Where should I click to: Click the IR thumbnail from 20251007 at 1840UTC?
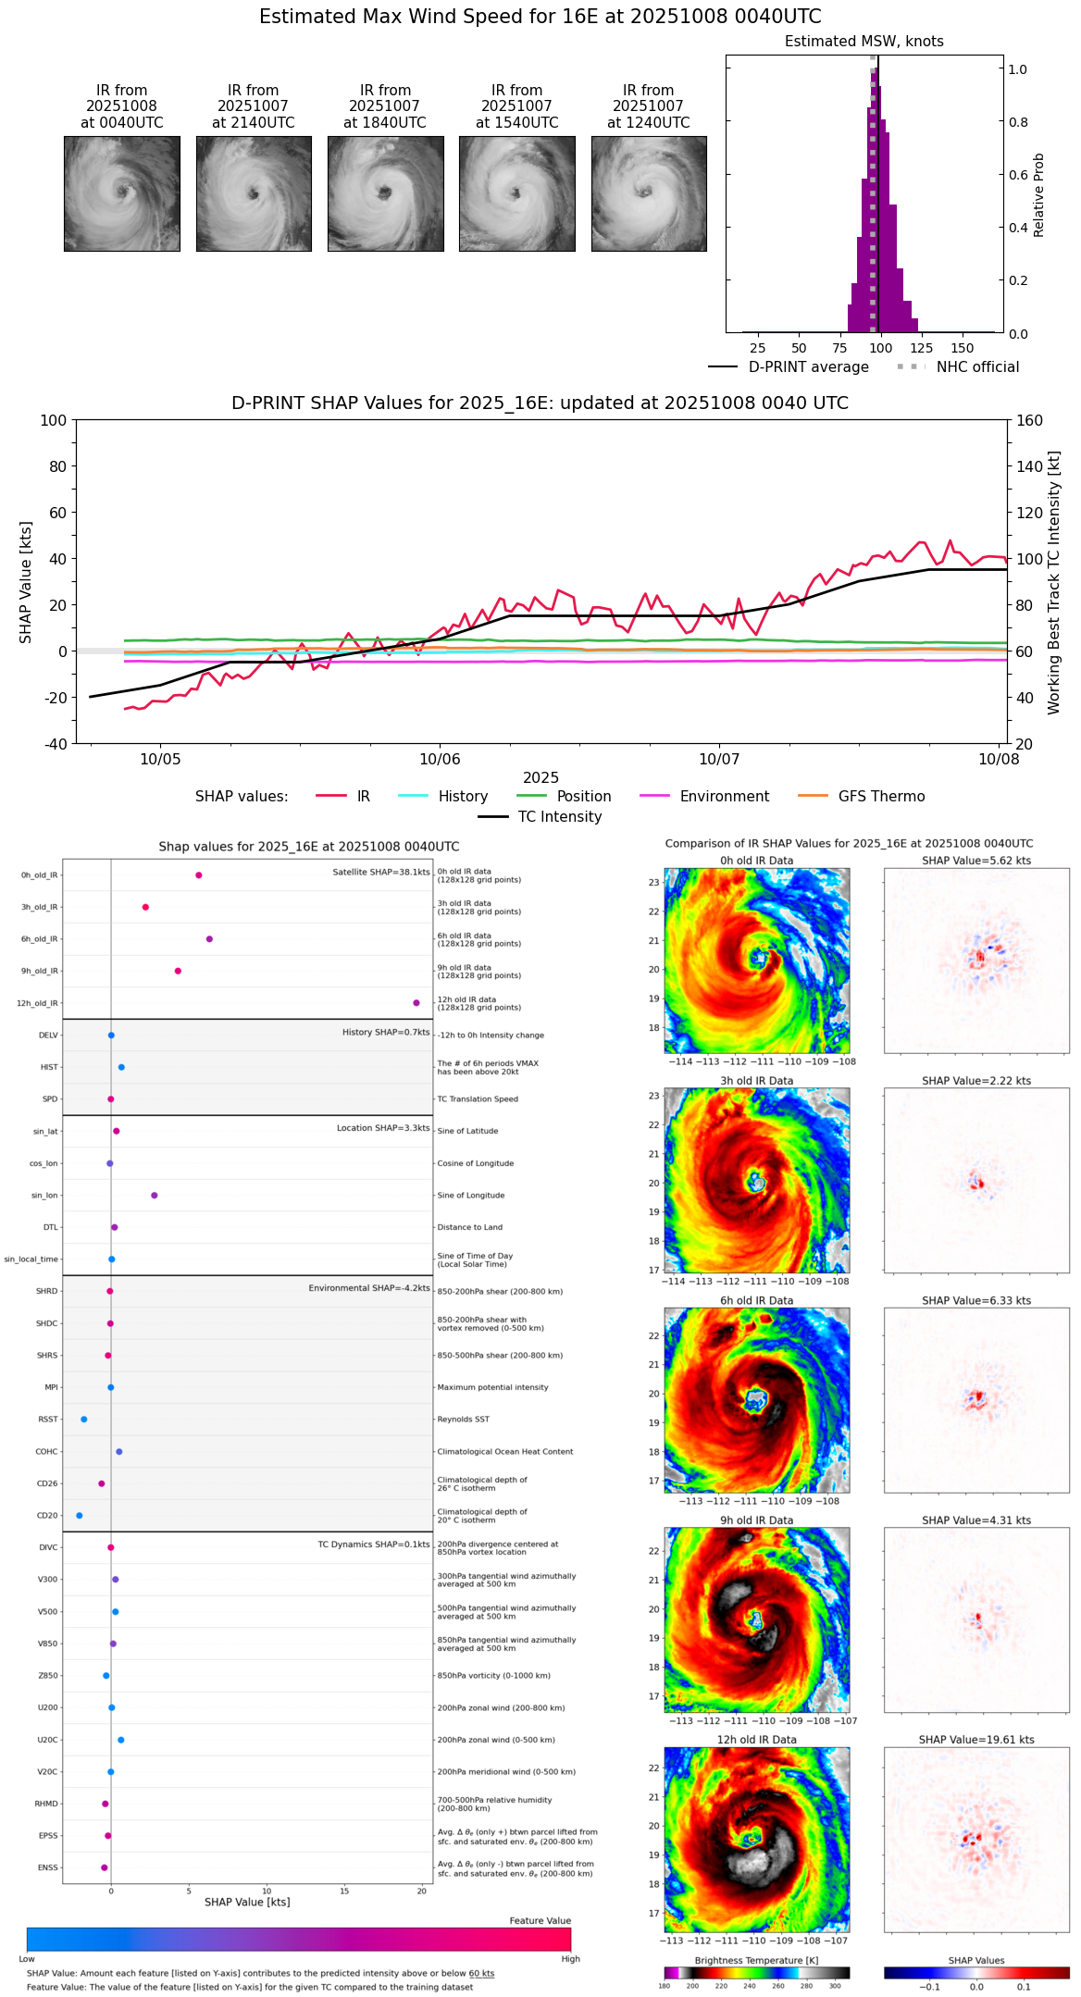(385, 193)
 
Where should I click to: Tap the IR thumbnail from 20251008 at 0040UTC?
(121, 193)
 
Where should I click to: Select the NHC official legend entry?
(976, 367)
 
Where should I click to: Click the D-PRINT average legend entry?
(808, 367)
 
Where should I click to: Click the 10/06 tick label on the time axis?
(440, 759)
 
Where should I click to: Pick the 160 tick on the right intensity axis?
(1029, 421)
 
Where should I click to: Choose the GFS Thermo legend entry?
(881, 797)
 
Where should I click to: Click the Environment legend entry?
(724, 797)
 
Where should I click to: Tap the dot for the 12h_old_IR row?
(416, 1003)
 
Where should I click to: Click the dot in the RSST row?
(84, 1420)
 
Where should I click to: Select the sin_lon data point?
(155, 1196)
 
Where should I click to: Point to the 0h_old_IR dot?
(199, 875)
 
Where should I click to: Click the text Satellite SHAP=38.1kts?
(381, 873)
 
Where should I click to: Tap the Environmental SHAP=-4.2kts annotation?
(369, 1288)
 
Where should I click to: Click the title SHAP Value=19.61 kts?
(976, 1740)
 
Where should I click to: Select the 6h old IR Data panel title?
(756, 1300)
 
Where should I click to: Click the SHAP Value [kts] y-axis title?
(26, 582)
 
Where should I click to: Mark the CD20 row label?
(47, 1516)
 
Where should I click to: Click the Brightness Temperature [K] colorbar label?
(756, 1960)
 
